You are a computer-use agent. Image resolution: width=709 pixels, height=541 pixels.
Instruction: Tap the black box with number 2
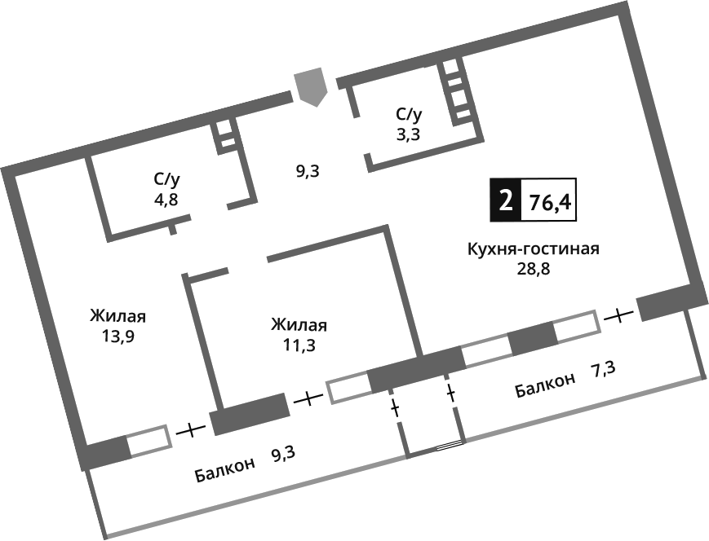pyautogui.click(x=504, y=200)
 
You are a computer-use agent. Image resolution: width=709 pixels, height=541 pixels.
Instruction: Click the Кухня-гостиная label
pyautogui.click(x=534, y=249)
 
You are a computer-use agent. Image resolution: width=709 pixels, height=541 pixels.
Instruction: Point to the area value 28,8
pyautogui.click(x=534, y=270)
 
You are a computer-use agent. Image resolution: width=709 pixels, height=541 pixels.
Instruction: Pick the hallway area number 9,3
pyautogui.click(x=308, y=171)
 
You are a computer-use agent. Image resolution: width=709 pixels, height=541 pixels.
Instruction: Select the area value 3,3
pyautogui.click(x=409, y=134)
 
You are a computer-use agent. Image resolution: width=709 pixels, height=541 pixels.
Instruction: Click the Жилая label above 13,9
pyautogui.click(x=123, y=315)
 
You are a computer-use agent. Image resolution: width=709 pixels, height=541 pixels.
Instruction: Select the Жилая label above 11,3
pyautogui.click(x=299, y=325)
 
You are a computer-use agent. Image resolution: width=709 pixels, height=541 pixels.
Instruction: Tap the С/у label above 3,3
pyautogui.click(x=410, y=115)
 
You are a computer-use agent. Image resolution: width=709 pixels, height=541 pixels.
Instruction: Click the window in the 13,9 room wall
pyautogui.click(x=149, y=440)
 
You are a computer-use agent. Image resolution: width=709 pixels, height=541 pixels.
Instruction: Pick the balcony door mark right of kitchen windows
pyautogui.click(x=621, y=313)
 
